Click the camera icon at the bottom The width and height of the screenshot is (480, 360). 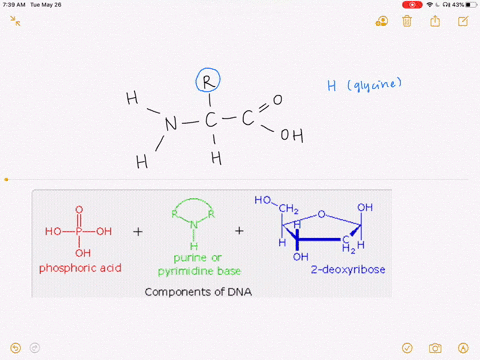[435, 348]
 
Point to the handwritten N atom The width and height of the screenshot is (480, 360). [170, 125]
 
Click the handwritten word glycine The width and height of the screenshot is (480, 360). [372, 86]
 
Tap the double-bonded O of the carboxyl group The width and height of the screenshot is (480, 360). [277, 100]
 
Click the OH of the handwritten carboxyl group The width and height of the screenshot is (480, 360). [291, 135]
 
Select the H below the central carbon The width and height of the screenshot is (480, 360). [215, 159]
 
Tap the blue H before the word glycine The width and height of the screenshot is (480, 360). [332, 87]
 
